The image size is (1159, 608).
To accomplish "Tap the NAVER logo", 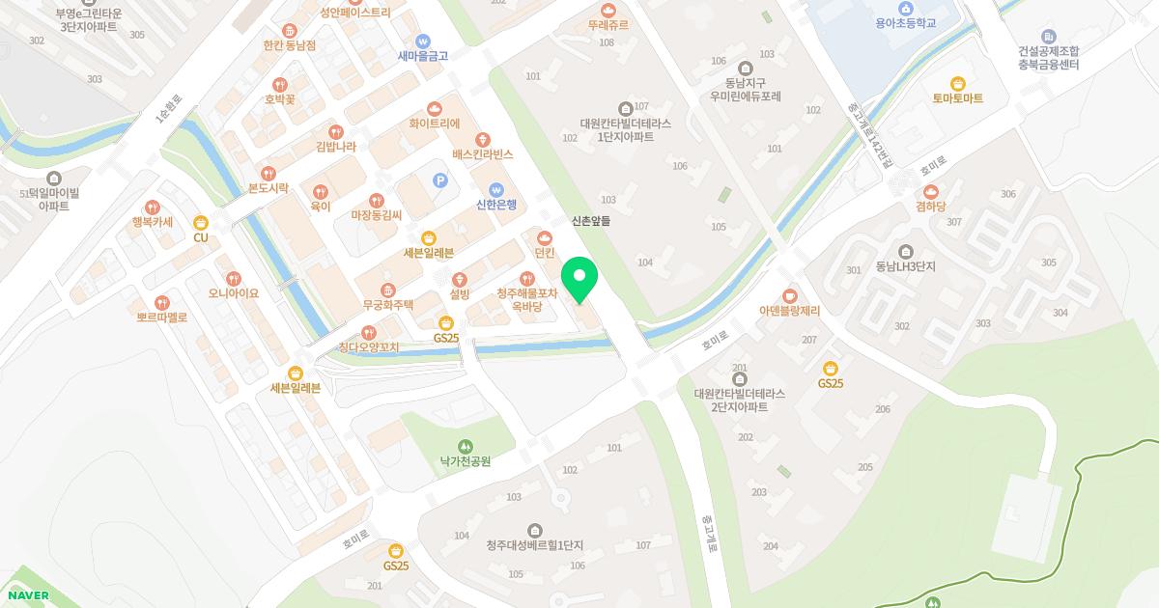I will coord(26,595).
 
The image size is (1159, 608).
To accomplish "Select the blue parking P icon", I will coord(440,180).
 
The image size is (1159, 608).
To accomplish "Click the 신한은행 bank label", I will coord(496,205).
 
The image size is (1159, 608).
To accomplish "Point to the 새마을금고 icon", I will coord(423,41).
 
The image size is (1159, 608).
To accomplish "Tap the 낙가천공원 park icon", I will coord(466,446).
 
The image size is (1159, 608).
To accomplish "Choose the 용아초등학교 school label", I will coord(906,22).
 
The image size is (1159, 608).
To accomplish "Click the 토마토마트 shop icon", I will coord(957,84).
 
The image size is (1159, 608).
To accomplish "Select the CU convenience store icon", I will coord(201,223).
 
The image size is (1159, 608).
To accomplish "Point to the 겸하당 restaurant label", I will coord(931,207).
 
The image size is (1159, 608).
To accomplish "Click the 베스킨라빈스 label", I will coord(483,154).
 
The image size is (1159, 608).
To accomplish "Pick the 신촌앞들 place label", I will coord(591,221).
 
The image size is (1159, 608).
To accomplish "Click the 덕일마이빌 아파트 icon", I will coord(53,178).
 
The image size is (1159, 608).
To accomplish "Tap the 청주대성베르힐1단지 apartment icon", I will coord(535,530).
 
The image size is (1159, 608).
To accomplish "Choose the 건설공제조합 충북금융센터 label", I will coord(1048,58).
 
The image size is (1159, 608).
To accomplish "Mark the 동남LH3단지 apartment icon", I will coord(905,252).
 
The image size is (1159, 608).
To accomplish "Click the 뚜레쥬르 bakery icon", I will coord(608,10).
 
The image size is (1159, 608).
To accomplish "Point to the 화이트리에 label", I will coord(435,124).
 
